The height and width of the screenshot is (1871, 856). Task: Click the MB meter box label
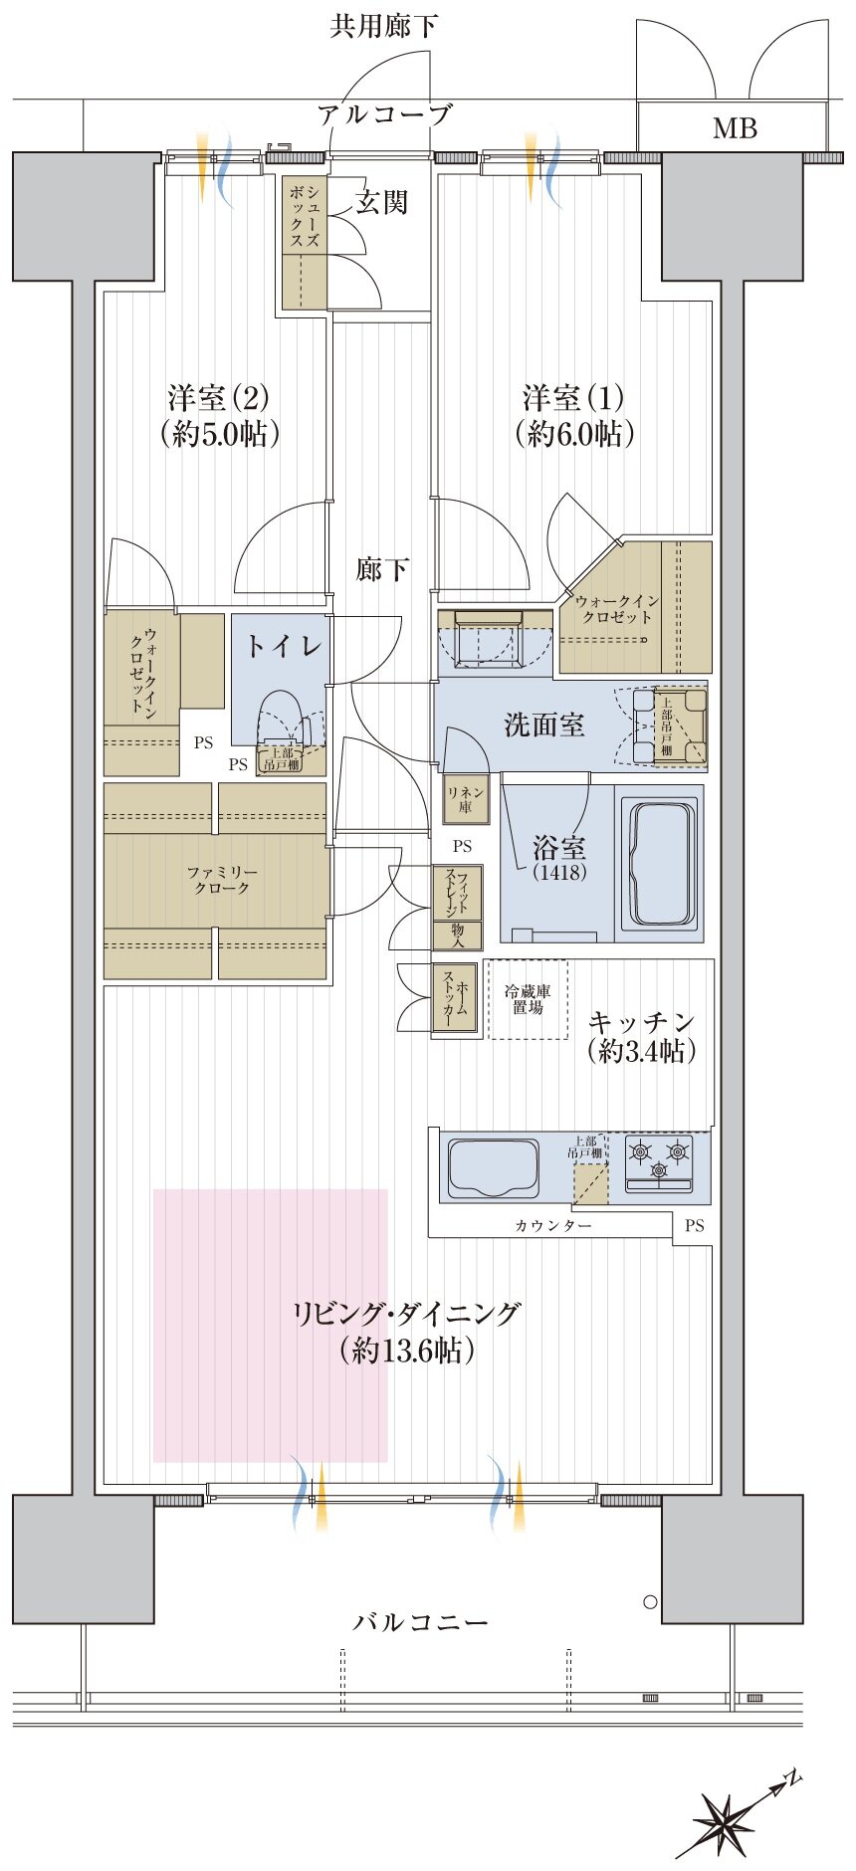(735, 128)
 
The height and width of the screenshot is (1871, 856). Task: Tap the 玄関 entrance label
(382, 203)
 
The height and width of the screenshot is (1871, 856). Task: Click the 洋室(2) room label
(217, 399)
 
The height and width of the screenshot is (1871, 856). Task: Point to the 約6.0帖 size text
(574, 434)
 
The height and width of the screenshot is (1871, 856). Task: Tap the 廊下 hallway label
(383, 569)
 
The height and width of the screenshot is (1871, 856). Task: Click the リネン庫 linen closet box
(465, 799)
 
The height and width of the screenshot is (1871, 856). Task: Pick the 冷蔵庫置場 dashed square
(527, 999)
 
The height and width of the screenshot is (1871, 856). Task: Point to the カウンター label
(553, 1226)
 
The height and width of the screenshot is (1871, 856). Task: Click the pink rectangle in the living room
(270, 1325)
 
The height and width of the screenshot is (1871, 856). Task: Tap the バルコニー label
(421, 1622)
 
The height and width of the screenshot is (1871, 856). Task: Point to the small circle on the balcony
(650, 1601)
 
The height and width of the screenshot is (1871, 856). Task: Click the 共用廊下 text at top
(384, 26)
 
